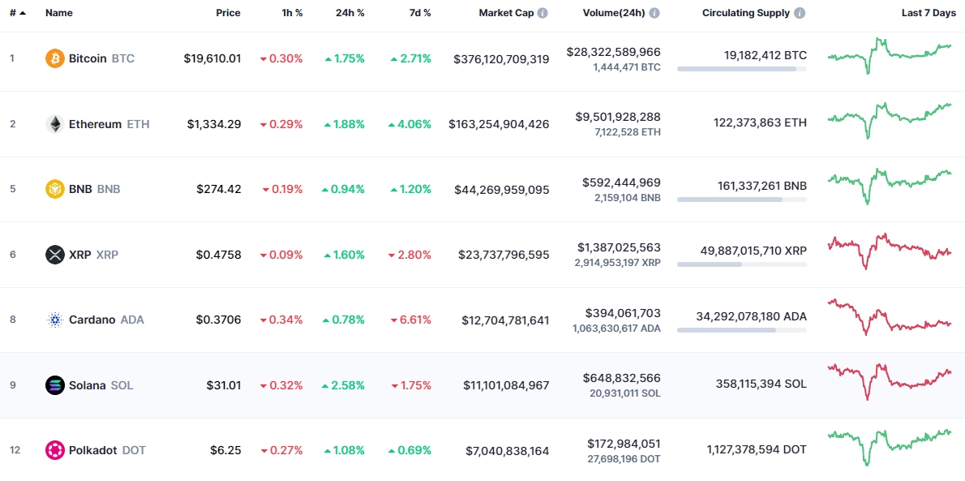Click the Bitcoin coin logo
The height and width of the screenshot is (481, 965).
(x=55, y=58)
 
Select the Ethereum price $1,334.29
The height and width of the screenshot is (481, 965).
(x=214, y=124)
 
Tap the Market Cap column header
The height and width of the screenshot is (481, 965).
(x=506, y=13)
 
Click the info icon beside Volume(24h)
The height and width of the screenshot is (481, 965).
(x=654, y=13)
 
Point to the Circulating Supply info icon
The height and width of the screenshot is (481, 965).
(x=800, y=13)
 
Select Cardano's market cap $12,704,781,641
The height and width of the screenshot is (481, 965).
(x=505, y=320)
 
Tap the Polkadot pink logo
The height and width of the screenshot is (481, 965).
(x=55, y=450)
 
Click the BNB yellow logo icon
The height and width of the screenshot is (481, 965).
(x=55, y=189)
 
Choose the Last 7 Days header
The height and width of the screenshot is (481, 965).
(x=929, y=13)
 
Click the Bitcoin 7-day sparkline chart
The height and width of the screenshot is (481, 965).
(x=890, y=55)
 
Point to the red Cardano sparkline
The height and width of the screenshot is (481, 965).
(x=890, y=317)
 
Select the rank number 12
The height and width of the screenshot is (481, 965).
(x=13, y=450)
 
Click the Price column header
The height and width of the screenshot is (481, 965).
(x=228, y=13)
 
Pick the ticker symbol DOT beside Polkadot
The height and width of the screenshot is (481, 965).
(x=134, y=450)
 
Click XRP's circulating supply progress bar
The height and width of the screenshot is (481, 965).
(x=741, y=264)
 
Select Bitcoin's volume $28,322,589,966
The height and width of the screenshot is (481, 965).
(x=613, y=52)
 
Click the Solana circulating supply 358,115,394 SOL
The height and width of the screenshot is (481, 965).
(x=761, y=384)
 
